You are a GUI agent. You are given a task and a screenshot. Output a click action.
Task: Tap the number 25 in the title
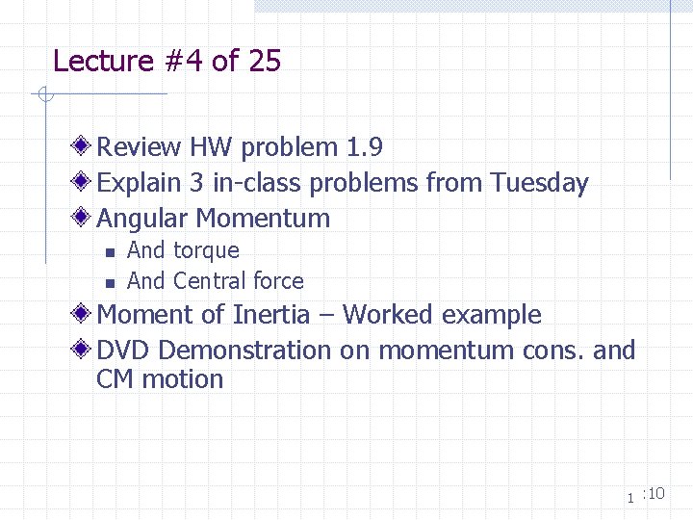click(x=264, y=62)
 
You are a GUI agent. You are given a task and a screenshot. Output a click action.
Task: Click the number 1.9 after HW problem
click(x=363, y=147)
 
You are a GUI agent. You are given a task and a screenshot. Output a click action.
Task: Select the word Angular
click(x=141, y=219)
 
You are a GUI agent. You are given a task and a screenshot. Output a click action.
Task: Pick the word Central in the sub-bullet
click(x=209, y=281)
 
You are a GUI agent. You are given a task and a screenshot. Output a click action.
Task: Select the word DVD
click(x=120, y=350)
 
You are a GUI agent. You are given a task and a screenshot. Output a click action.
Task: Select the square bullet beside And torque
click(x=110, y=252)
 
